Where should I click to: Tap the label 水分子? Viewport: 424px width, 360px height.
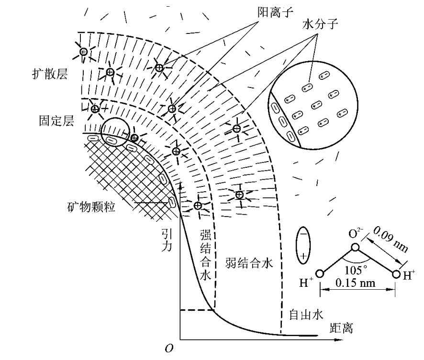click(x=320, y=23)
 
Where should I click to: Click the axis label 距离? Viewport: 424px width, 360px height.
click(x=344, y=328)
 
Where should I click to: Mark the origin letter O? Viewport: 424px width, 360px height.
click(x=168, y=349)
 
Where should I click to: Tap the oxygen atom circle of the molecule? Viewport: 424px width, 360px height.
click(x=355, y=248)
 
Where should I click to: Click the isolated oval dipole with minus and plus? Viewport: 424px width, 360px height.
click(x=303, y=244)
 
